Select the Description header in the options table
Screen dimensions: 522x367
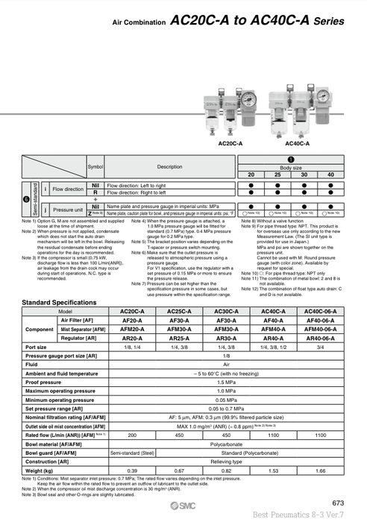[169, 166]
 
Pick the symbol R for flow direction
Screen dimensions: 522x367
[95, 192]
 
